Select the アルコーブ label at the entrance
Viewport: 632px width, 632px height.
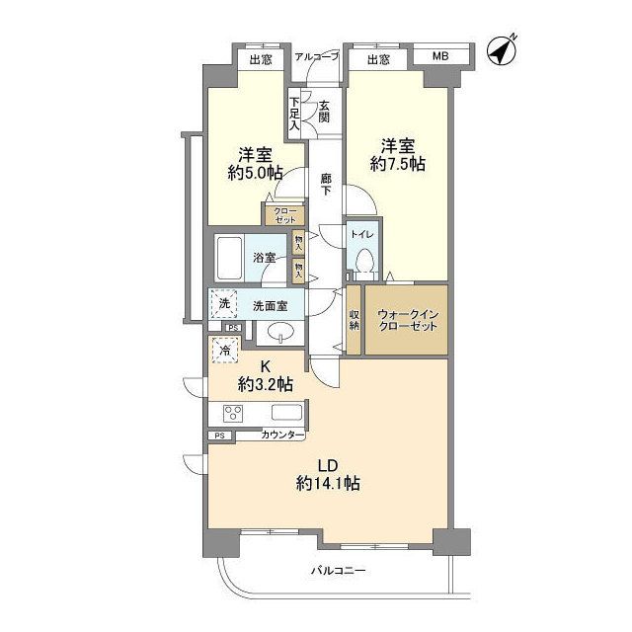(x=317, y=57)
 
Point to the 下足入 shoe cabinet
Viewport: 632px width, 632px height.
(x=293, y=113)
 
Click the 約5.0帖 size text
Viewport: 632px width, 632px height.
(x=254, y=173)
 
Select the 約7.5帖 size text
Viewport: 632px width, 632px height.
(x=398, y=164)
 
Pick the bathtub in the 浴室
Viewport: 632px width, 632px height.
(x=230, y=259)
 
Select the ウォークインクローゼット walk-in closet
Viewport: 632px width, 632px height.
(x=407, y=319)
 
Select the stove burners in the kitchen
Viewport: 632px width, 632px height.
(x=235, y=414)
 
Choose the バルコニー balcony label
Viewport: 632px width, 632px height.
(x=338, y=571)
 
